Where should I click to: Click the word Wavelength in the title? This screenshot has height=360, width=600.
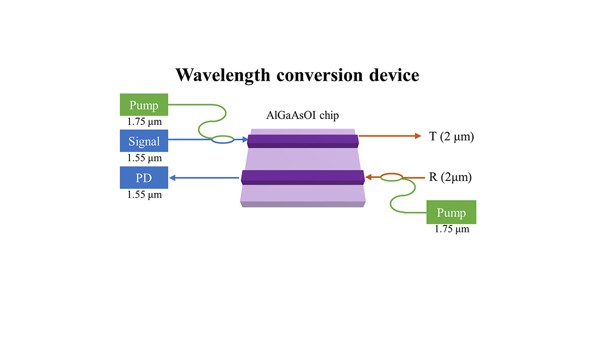pos(223,75)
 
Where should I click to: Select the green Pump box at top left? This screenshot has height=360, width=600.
pos(144,105)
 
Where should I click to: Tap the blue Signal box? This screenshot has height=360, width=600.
pos(144,141)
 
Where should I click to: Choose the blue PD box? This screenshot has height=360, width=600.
pos(144,178)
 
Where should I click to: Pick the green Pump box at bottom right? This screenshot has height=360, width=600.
pos(452,212)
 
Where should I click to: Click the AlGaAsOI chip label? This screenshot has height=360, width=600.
pos(303,115)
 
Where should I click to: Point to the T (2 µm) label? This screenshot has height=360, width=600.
pos(452,137)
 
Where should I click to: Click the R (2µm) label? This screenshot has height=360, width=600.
pos(451,177)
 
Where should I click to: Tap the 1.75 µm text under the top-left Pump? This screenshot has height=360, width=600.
pos(145,122)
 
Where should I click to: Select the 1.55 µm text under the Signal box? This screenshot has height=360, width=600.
pos(145,158)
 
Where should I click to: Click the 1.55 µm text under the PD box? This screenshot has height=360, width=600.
pos(145,195)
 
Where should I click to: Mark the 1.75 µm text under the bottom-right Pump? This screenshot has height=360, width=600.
pos(452,229)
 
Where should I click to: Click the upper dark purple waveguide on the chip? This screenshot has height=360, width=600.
pos(303,141)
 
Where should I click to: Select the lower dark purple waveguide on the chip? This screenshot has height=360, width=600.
pos(303,178)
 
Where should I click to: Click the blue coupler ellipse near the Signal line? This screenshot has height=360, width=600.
pos(223,140)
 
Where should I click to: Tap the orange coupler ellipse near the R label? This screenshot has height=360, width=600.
pos(392,177)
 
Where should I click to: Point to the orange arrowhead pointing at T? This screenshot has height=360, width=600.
pos(418,136)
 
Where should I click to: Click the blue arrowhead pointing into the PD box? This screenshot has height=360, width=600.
pos(173,178)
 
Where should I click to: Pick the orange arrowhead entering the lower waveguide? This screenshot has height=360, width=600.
pos(369,177)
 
